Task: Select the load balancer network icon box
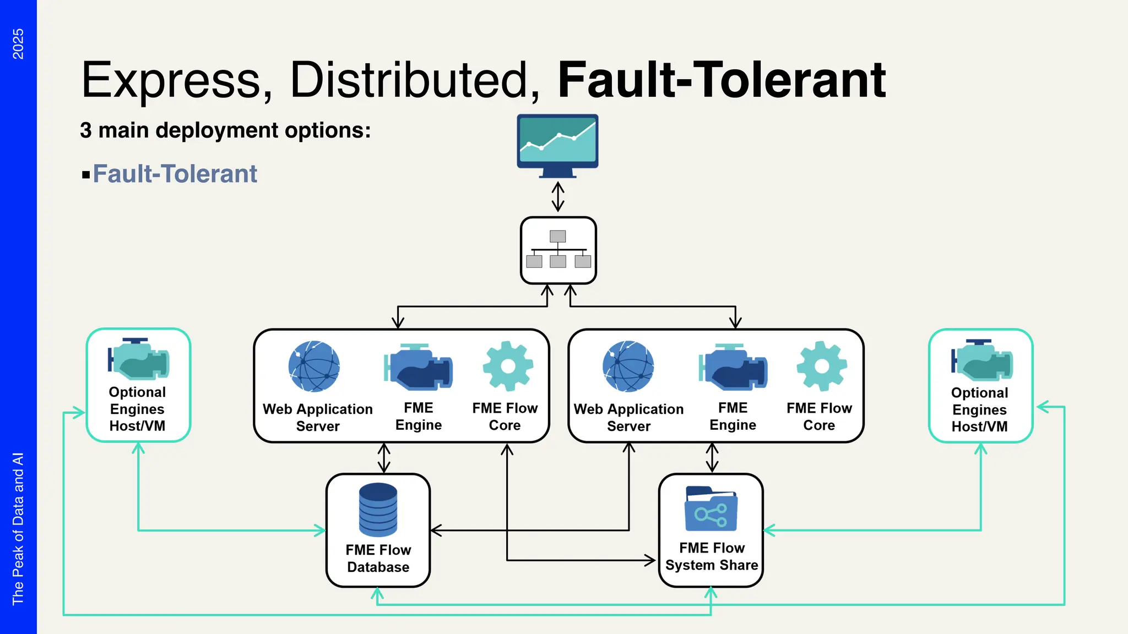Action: pos(558,250)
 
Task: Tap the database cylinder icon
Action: pos(378,510)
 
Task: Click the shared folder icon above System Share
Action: pos(711,509)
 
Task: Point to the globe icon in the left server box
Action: pos(314,367)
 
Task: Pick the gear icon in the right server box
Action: pos(821,366)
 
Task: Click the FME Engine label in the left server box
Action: pos(419,417)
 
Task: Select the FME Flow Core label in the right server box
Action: pos(819,417)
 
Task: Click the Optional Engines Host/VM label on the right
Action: pos(979,409)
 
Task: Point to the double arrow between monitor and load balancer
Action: pos(558,196)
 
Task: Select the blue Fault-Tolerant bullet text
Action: pos(175,174)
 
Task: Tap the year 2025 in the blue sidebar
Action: pos(18,44)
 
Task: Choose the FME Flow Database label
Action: pos(378,559)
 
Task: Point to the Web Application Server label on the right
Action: pos(628,418)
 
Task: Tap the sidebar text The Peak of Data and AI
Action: pos(18,528)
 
